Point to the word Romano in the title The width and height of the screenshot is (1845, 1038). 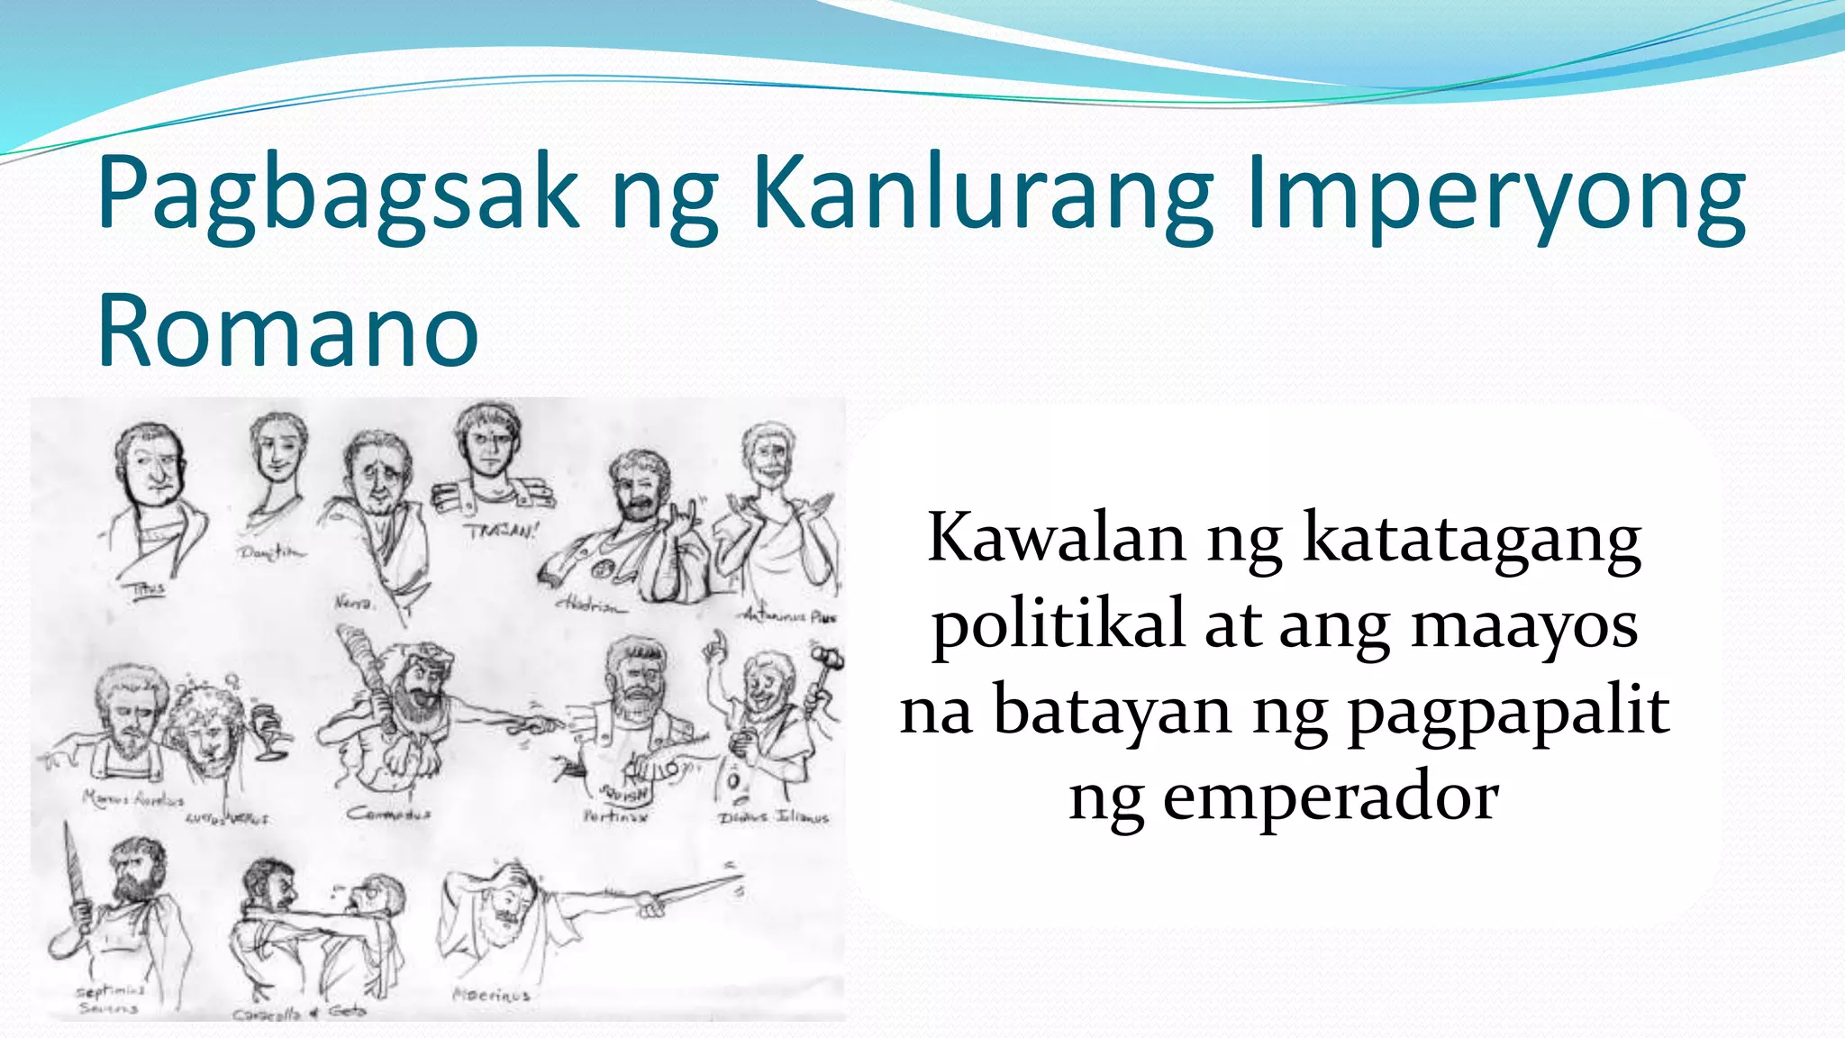tap(288, 330)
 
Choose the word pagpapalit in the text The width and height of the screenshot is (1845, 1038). tap(1509, 711)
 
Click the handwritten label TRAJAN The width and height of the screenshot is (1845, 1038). tap(501, 531)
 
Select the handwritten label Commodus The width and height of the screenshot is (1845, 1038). tap(388, 814)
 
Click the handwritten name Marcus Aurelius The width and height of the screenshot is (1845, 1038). tap(133, 798)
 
